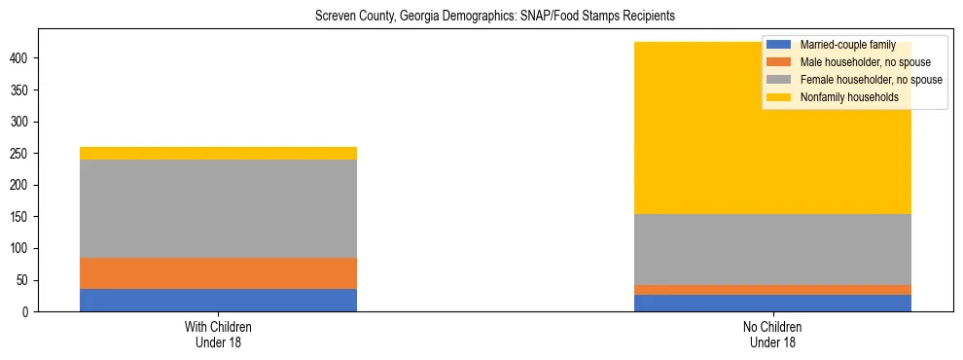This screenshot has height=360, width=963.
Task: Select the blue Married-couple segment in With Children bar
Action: [x=218, y=300]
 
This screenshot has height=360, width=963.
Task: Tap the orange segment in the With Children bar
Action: [x=218, y=273]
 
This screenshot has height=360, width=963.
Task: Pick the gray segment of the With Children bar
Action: [x=218, y=208]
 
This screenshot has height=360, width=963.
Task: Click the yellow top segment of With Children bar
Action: [x=218, y=153]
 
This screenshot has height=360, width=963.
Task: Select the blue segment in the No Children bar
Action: [x=772, y=303]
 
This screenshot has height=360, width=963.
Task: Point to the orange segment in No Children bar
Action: [x=772, y=289]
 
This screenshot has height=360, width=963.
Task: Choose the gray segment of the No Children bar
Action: [x=772, y=249]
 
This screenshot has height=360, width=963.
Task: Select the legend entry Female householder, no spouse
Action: [x=871, y=80]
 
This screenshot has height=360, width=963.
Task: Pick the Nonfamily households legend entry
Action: [x=849, y=97]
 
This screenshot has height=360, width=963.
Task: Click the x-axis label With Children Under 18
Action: [x=218, y=335]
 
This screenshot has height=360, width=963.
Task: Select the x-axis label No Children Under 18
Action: [x=772, y=335]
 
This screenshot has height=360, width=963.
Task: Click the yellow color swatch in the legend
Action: [x=779, y=97]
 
